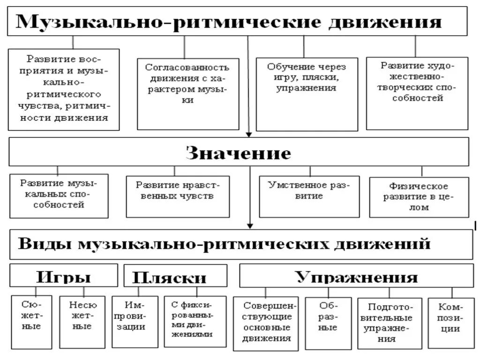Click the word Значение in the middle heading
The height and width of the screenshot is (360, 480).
239,153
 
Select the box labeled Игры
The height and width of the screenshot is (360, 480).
64,276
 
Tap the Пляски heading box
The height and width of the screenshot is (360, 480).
175,276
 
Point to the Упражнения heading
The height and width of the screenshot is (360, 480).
356,276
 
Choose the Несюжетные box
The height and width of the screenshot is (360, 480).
82,322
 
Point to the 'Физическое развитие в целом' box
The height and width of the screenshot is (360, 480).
419,197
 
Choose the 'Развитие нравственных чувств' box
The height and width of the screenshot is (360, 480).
178,196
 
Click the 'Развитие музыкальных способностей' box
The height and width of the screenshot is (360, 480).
59,196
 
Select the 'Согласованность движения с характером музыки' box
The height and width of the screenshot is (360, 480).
187,93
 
